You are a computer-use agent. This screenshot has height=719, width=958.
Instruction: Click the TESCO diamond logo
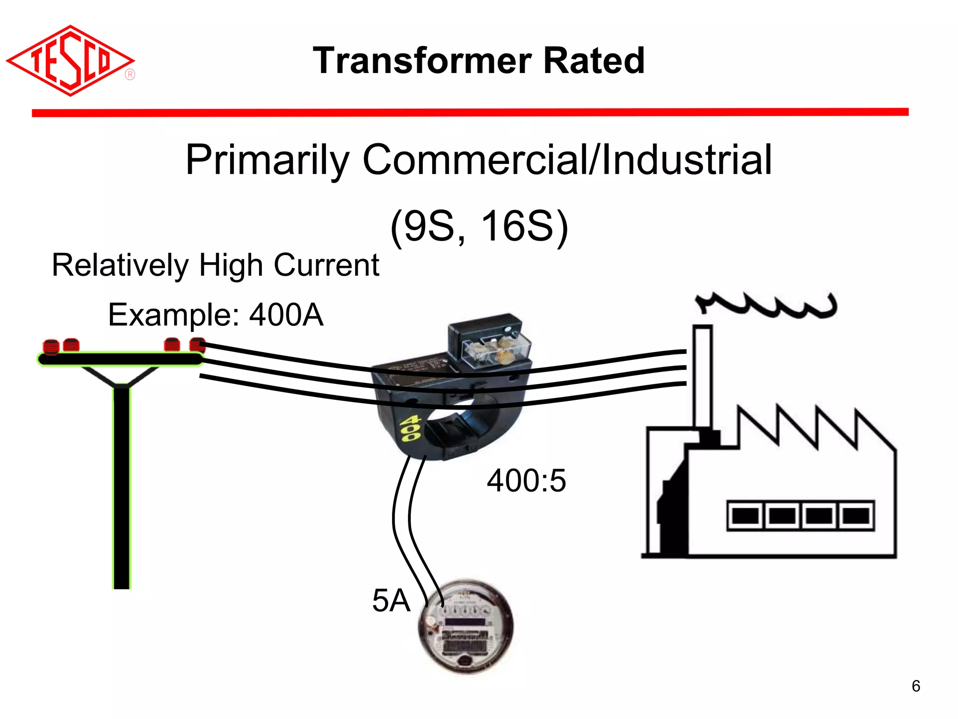tap(70, 61)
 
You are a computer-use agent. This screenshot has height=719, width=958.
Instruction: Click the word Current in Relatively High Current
tap(326, 265)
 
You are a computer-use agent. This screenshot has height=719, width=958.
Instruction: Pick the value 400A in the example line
tap(286, 315)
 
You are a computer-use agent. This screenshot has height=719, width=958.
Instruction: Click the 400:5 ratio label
tap(526, 481)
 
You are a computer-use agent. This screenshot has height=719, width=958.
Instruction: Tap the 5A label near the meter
tap(391, 601)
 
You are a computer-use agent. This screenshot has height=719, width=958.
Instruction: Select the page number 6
tap(916, 686)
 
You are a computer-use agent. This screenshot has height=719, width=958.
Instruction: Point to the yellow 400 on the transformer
tap(411, 429)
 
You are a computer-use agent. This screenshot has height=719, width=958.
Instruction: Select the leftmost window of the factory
tap(745, 516)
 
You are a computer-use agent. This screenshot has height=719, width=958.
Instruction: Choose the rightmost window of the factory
tap(856, 516)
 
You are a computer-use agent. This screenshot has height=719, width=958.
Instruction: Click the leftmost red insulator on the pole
tap(51, 347)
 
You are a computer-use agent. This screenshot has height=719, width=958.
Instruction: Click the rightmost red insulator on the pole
tap(197, 345)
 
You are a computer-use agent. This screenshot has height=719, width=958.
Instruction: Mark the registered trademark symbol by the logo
tap(130, 75)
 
